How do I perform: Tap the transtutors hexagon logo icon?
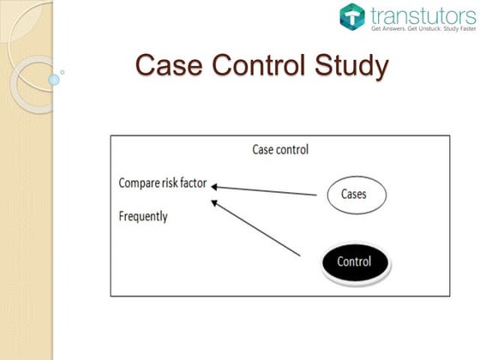coord(351,16)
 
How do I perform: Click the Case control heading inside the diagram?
coord(280,150)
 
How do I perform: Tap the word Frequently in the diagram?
coord(143,216)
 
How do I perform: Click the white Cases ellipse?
coord(353,195)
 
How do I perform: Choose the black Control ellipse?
coord(353,261)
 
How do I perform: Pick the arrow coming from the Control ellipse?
coord(257,229)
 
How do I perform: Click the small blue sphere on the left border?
coord(54,80)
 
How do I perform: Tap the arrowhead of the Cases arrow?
coord(215,186)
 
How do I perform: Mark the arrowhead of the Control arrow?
coord(215,202)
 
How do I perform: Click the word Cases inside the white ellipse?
coord(353,195)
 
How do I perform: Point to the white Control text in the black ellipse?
coord(354,261)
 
